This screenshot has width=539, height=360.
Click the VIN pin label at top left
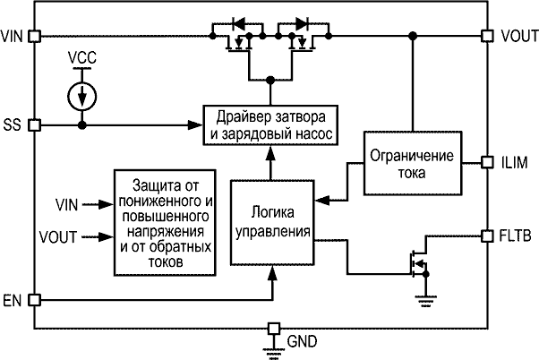coord(13,36)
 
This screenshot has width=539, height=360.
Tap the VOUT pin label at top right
coord(520,36)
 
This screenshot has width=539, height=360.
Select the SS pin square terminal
coord(35,125)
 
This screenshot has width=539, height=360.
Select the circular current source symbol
coord(82,94)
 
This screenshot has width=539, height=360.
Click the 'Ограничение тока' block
coord(412,163)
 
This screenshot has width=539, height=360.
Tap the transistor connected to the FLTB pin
coord(415,261)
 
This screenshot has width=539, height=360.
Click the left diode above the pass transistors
coord(238,23)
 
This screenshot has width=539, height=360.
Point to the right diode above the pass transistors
coord(301,23)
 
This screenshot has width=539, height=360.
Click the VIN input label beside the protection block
coord(66,205)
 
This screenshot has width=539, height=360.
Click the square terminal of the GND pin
coord(274,327)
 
